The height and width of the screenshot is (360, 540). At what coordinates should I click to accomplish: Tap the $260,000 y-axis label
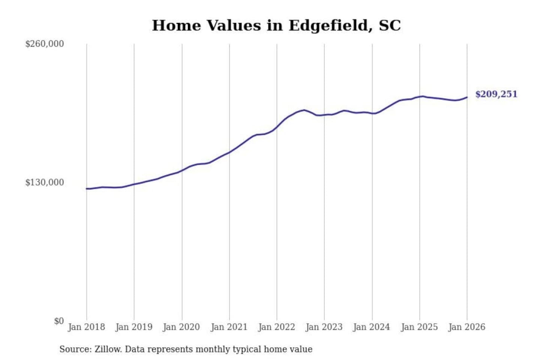click(x=45, y=44)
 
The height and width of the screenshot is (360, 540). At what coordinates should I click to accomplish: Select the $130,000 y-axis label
click(x=45, y=183)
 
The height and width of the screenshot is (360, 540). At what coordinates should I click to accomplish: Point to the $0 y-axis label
click(x=59, y=321)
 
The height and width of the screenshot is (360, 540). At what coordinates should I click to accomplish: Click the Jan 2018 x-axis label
click(x=86, y=327)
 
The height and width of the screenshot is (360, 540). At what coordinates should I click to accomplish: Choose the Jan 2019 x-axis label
click(x=134, y=327)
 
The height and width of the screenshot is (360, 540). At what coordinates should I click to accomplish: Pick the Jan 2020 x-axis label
click(x=181, y=327)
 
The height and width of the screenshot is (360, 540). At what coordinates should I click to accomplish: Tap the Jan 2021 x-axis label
click(x=229, y=327)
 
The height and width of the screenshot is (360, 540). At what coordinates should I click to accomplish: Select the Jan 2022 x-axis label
click(x=277, y=327)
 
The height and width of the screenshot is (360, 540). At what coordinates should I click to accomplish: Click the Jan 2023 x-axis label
click(x=324, y=327)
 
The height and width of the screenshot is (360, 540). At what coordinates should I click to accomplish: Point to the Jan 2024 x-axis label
click(x=372, y=327)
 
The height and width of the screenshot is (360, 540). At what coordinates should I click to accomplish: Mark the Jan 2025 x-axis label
click(x=419, y=327)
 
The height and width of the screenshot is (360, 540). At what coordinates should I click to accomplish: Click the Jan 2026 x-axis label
click(x=467, y=327)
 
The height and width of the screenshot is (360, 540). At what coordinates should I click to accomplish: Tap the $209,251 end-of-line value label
click(x=496, y=94)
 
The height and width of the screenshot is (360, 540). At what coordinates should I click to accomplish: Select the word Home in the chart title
click(x=176, y=26)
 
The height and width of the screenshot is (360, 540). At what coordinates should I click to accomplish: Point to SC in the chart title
click(x=390, y=26)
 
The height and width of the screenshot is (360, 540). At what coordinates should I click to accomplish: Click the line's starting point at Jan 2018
click(x=87, y=189)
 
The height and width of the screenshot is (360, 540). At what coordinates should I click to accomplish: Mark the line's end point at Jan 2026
click(x=467, y=97)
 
